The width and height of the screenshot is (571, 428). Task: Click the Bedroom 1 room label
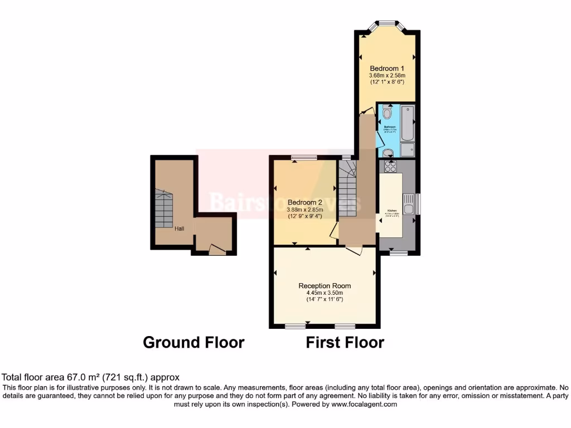coord(387,69)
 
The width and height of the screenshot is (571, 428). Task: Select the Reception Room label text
coord(325,285)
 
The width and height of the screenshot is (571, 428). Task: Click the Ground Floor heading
coord(193,342)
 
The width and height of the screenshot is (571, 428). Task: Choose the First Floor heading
coord(345,342)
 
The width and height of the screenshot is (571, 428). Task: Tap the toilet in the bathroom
coord(388,113)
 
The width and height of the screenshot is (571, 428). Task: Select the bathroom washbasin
coord(388,150)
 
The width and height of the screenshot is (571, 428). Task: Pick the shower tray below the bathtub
coord(408,149)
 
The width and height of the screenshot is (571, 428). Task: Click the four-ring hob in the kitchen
coord(390,166)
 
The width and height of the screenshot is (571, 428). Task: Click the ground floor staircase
coord(164,210)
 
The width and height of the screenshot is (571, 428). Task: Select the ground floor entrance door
coord(217,250)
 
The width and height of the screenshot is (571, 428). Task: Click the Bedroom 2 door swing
coord(333,232)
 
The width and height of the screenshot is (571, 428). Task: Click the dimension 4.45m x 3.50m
coord(325,293)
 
